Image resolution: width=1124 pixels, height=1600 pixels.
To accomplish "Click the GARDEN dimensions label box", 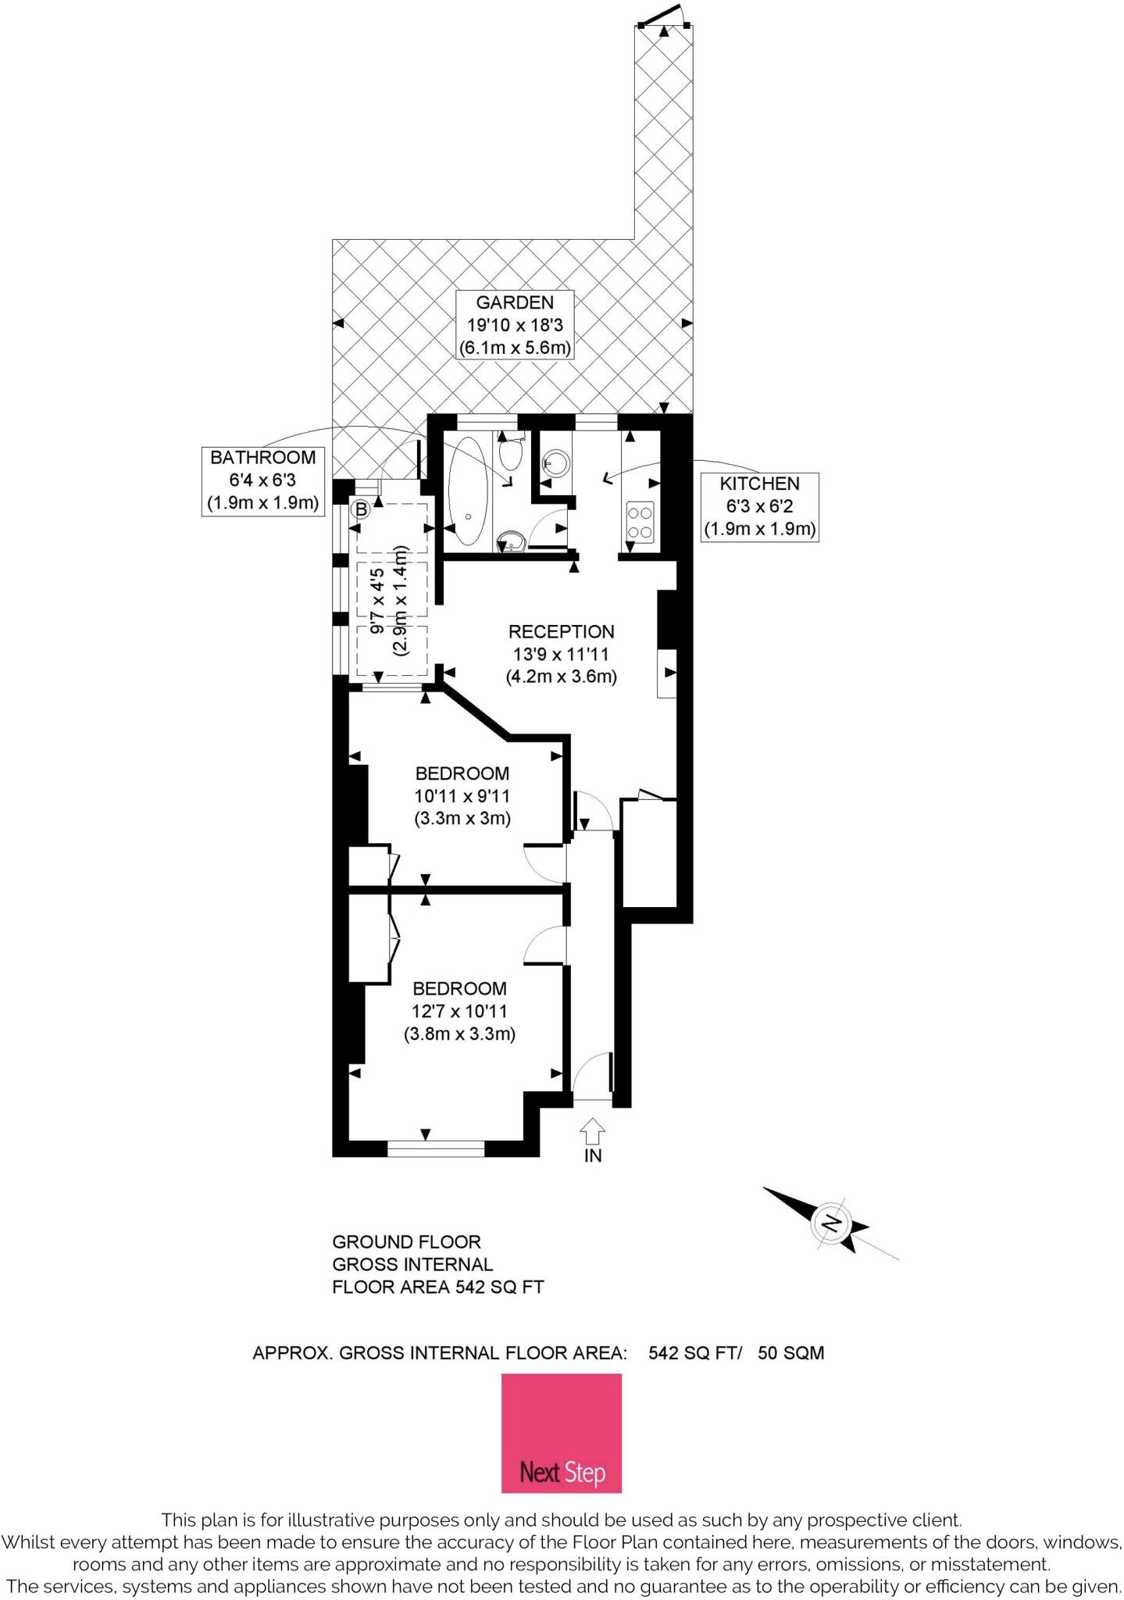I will (515, 325).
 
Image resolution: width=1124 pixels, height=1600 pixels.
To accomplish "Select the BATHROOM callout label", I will (263, 480).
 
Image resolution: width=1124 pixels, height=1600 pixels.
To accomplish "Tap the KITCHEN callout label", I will (759, 507).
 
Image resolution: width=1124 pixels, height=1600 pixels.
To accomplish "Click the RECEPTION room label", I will (561, 654).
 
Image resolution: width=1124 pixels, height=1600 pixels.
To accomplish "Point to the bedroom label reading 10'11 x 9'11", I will (462, 796).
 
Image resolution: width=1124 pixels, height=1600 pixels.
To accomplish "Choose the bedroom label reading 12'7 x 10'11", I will (459, 1011).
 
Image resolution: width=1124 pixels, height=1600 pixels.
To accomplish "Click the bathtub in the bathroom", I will (468, 490).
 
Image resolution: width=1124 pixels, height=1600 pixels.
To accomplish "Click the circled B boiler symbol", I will (360, 510).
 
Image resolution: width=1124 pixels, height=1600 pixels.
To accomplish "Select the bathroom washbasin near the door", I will (510, 541).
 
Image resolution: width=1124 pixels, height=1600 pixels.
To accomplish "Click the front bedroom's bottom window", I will (436, 1148).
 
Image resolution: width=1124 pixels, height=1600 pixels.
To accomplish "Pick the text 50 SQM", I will (790, 1353).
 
